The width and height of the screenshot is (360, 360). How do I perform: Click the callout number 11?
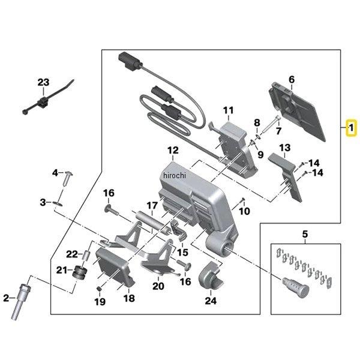tap(228, 110)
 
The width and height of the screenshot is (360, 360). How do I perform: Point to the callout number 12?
tap(173, 150)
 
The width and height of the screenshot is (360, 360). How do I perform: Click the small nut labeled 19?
tap(100, 290)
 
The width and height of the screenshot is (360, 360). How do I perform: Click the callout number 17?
tap(152, 205)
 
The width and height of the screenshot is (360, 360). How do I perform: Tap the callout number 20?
tap(158, 286)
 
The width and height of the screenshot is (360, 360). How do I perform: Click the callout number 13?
tap(284, 148)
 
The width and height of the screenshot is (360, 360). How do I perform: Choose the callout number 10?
tap(245, 211)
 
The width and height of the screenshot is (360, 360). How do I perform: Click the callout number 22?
tap(71, 254)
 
